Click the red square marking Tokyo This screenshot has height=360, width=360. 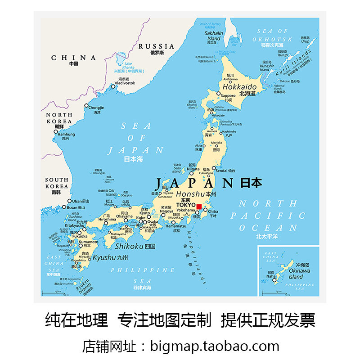199,207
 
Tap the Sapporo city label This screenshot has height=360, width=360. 228,95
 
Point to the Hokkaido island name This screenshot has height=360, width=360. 240,86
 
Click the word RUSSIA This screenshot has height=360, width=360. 156,46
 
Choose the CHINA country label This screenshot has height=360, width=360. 73,58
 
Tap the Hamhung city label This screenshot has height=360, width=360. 67,134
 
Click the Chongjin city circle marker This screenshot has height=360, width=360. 86,106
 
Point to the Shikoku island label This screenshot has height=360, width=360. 129,246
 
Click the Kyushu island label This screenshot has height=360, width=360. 104,258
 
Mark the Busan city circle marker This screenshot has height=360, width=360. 63,207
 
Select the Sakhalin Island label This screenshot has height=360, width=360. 213,36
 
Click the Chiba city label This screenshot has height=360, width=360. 213,211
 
